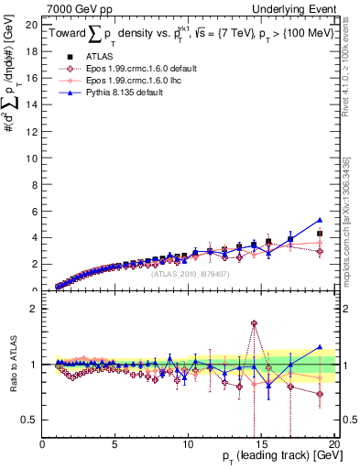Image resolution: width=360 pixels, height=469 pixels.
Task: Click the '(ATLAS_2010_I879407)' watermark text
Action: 189,272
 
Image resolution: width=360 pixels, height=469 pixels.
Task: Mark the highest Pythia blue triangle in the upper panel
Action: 320,220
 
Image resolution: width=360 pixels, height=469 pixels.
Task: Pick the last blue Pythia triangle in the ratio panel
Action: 320,347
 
